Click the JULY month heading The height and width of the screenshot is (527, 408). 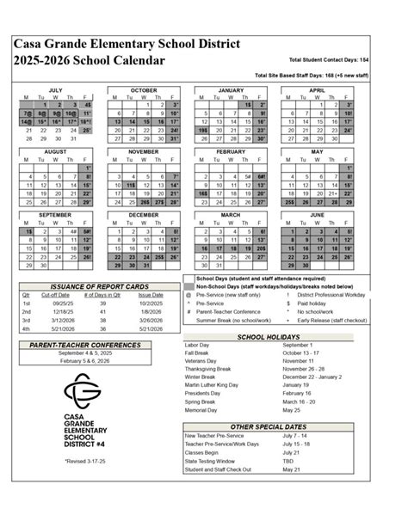(x=55, y=89)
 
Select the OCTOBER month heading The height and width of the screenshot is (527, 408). (x=143, y=89)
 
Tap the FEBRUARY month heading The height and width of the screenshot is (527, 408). (x=230, y=150)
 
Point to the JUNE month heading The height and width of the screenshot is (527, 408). (x=317, y=213)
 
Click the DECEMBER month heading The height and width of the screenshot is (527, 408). (x=143, y=213)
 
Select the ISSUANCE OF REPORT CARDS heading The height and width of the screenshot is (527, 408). (x=99, y=285)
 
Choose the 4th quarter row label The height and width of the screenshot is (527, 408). (x=26, y=328)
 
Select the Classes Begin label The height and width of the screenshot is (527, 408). (x=203, y=452)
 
